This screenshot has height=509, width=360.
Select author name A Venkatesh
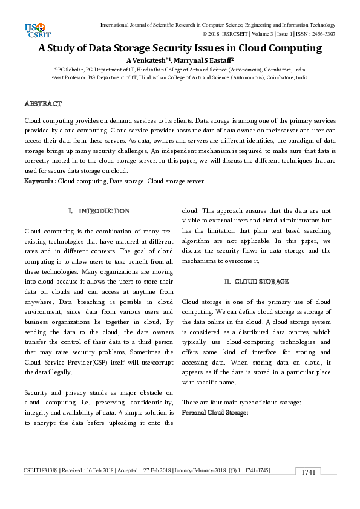pyautogui.click(x=147, y=60)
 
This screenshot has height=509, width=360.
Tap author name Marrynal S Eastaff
pyautogui.click(x=205, y=60)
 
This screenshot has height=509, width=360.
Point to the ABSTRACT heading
pyautogui.click(x=42, y=104)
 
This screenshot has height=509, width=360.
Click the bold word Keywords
pyautogui.click(x=39, y=181)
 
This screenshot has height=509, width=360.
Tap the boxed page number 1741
pyautogui.click(x=308, y=472)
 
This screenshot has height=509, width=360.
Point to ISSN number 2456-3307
pyautogui.click(x=322, y=34)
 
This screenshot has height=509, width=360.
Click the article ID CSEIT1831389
pyautogui.click(x=41, y=470)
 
